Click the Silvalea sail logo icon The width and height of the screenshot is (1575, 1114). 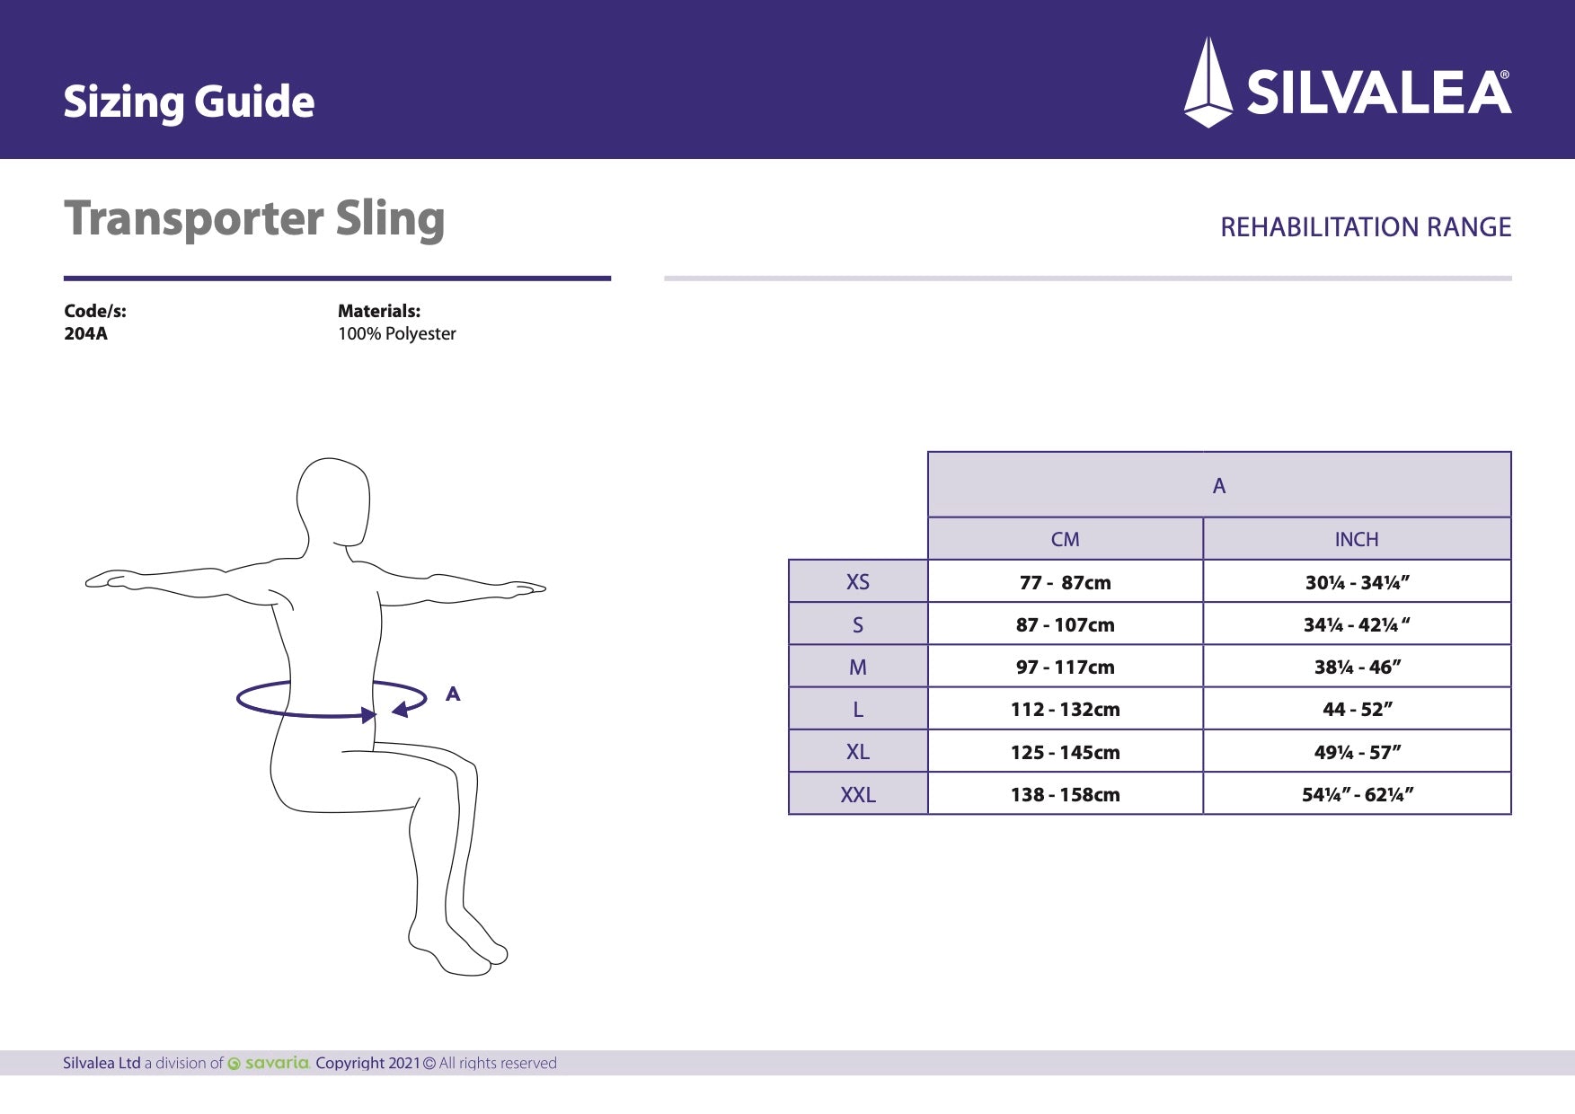click(x=1208, y=83)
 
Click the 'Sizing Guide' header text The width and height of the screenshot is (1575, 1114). click(x=189, y=102)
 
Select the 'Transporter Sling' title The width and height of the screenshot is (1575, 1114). click(x=254, y=219)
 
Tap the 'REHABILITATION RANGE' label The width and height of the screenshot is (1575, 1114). click(x=1365, y=227)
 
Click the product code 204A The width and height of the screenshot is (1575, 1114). click(x=85, y=334)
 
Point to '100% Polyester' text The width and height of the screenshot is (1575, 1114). click(x=396, y=334)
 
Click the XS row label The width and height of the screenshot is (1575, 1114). click(x=857, y=582)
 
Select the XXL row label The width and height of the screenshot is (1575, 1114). click(x=857, y=795)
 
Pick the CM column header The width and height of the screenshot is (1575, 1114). click(x=1065, y=540)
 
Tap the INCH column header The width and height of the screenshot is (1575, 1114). click(x=1356, y=540)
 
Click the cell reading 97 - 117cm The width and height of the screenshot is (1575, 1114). click(x=1065, y=668)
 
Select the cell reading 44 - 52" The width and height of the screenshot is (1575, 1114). click(x=1357, y=710)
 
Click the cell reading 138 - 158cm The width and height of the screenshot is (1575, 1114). click(x=1065, y=795)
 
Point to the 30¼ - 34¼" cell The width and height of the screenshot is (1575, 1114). click(x=1357, y=582)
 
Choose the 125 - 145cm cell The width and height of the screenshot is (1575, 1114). click(x=1065, y=753)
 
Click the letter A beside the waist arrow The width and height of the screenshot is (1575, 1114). click(x=453, y=694)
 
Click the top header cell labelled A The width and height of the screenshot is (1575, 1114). click(x=1218, y=486)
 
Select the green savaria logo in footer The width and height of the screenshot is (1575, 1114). click(x=270, y=1064)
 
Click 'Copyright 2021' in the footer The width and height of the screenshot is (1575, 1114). click(x=367, y=1064)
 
